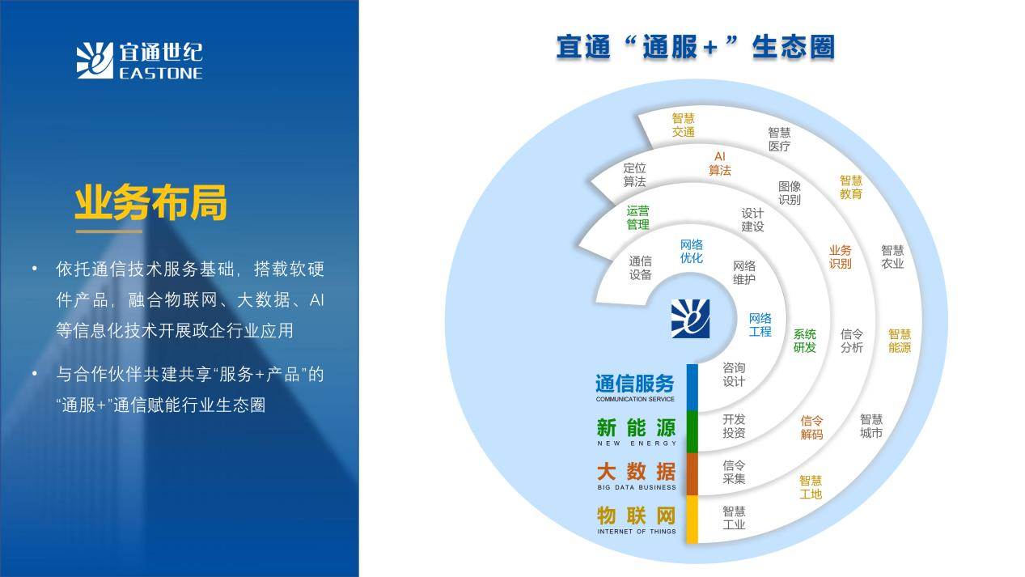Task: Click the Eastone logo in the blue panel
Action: point(140,61)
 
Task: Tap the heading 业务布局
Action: point(151,202)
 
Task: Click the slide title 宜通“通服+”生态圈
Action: point(696,47)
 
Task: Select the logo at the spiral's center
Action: point(690,319)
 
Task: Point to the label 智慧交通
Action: point(683,125)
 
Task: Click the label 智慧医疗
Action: point(779,139)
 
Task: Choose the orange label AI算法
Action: point(720,163)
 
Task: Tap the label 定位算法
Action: point(635,175)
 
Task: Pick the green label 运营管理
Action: point(637,218)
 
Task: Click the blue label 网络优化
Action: point(692,251)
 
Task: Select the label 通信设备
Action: point(640,268)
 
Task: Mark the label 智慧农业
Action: point(892,257)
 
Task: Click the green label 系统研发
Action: point(804,341)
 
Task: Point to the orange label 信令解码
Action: point(811,427)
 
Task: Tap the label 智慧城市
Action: point(870,426)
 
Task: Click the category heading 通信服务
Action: point(635,384)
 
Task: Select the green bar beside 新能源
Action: point(693,432)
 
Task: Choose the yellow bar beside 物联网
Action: point(693,520)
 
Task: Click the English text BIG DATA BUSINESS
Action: point(637,487)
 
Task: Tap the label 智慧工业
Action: point(734,518)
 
